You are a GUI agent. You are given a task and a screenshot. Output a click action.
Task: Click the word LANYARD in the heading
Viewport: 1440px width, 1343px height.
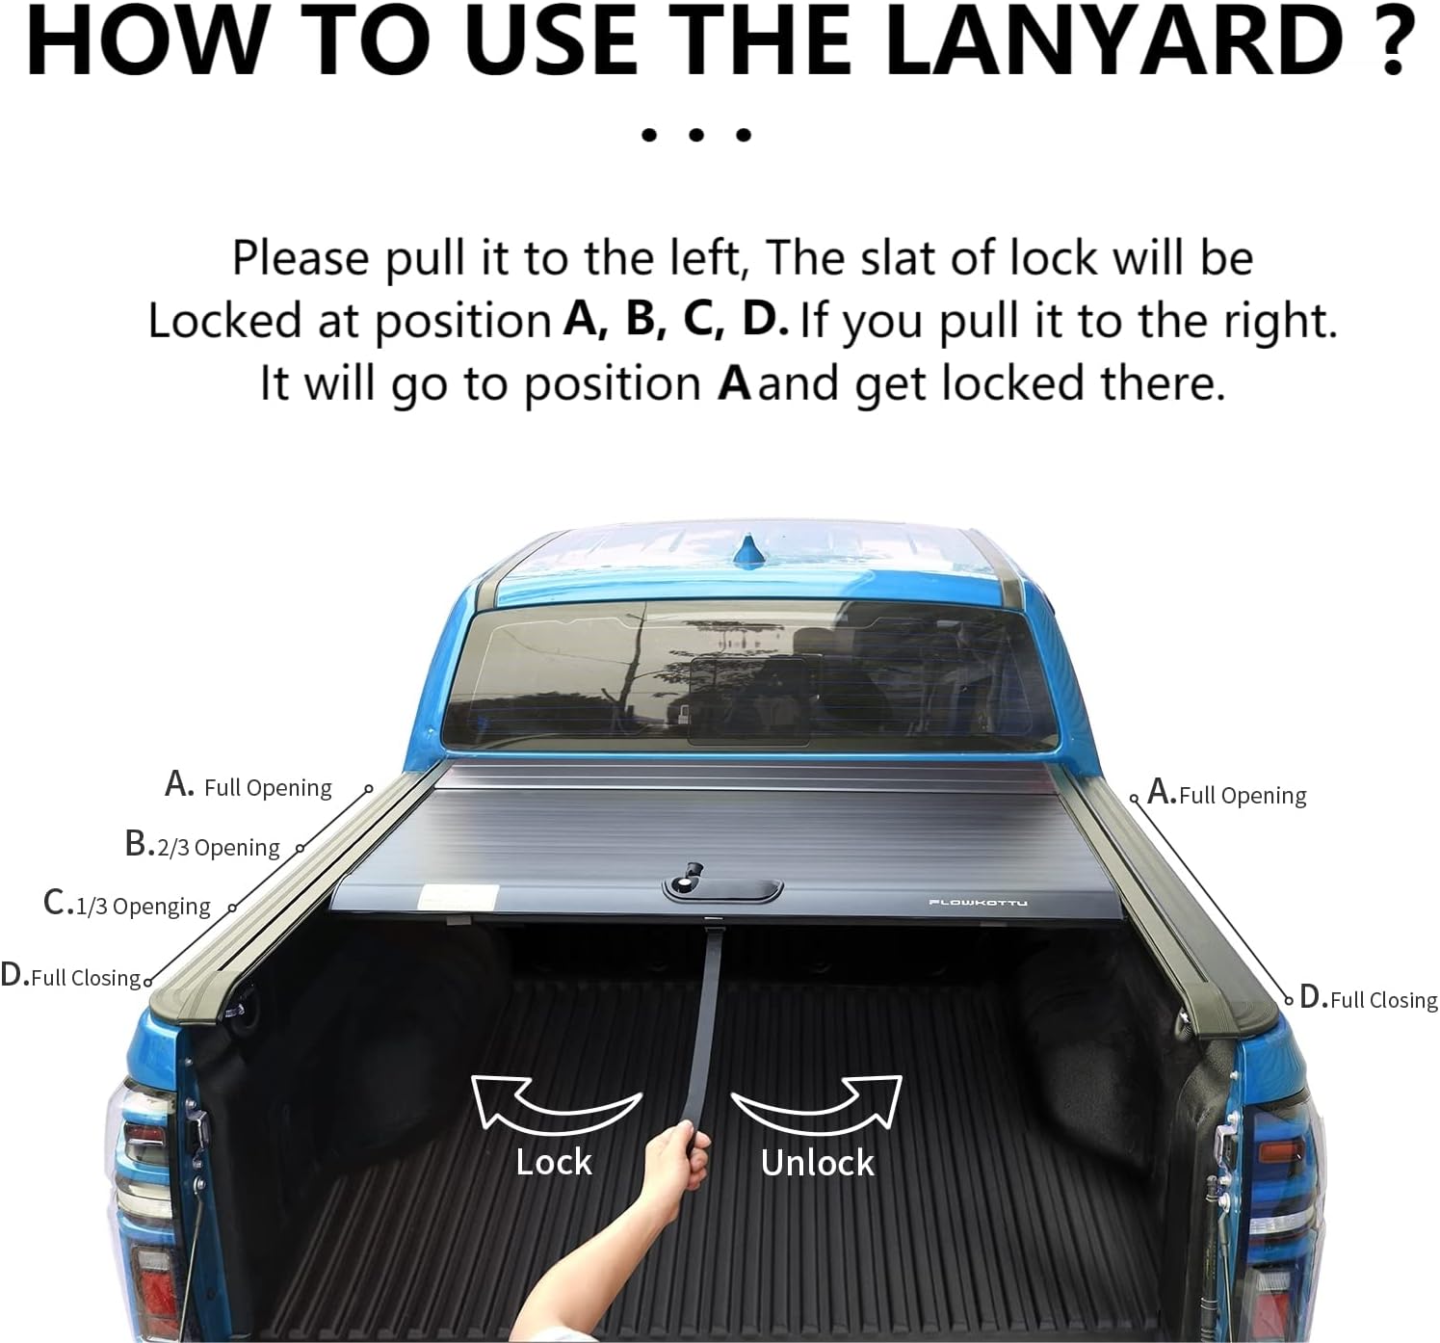1113,40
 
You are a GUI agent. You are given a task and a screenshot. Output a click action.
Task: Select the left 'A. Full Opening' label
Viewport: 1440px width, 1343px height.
249,785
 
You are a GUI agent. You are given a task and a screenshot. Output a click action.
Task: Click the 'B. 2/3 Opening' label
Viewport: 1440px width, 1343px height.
202,845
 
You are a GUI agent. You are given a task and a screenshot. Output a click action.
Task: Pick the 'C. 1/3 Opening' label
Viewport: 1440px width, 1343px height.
127,904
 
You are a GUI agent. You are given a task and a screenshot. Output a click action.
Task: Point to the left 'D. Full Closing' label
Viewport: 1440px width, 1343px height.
71,976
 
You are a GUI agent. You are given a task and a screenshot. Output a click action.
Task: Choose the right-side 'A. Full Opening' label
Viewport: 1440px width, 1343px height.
1227,794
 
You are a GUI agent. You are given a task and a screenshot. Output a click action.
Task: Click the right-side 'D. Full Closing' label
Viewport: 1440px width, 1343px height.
1369,998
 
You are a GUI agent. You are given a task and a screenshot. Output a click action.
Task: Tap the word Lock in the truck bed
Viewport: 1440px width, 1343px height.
554,1162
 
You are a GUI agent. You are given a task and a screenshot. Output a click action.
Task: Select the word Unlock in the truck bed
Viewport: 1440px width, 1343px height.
817,1163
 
